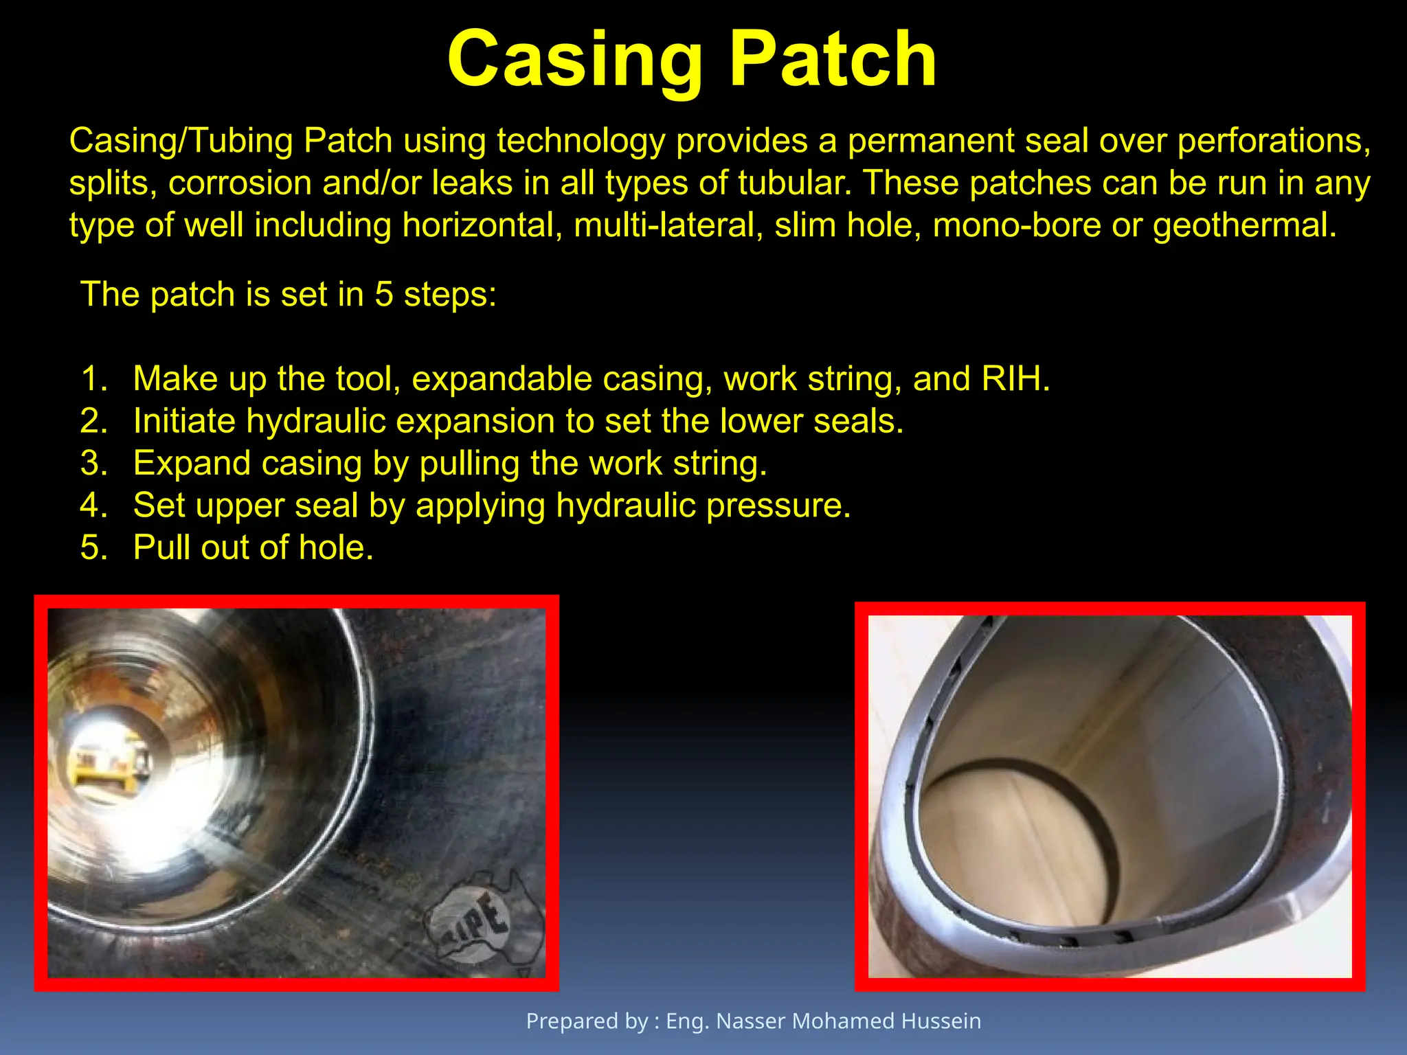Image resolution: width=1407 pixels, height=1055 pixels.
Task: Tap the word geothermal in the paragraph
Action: click(x=1243, y=225)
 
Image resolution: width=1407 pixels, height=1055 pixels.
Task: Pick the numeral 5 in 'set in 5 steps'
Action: click(x=383, y=295)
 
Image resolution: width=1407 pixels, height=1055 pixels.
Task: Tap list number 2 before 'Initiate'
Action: click(x=94, y=421)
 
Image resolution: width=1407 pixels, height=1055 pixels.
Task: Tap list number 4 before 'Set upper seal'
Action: click(x=94, y=506)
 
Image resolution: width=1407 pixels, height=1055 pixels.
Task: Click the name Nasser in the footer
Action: click(x=750, y=1021)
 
